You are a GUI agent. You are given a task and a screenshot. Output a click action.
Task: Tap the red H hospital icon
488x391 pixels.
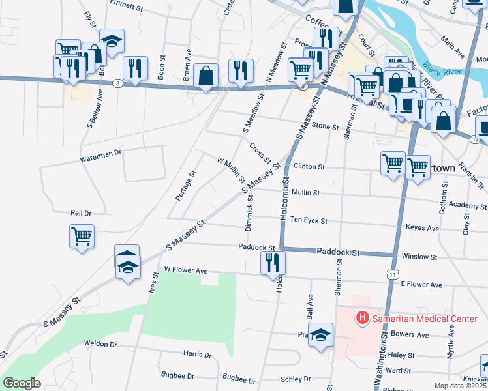pos(361,319)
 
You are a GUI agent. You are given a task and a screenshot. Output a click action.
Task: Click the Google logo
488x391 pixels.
pos(22,383)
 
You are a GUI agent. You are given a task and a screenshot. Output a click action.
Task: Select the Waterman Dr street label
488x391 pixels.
pos(101,155)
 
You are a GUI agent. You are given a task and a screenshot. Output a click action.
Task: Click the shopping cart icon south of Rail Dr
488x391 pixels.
pos(82,236)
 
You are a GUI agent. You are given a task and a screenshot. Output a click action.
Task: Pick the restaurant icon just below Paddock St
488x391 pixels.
pos(272,263)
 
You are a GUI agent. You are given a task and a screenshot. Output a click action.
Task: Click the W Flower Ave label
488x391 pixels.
pos(186,270)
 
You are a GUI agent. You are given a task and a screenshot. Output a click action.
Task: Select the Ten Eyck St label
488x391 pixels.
pos(309,221)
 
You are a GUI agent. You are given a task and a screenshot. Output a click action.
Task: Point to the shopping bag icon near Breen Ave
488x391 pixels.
pos(206,76)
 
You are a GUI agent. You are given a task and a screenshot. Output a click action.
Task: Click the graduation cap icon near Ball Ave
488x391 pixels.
pos(320,335)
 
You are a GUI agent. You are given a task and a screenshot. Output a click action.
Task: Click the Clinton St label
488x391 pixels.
pos(309,167)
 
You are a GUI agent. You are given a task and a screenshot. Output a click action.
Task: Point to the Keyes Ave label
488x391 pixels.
pos(423,229)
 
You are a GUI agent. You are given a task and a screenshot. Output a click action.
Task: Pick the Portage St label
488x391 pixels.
pos(186,186)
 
